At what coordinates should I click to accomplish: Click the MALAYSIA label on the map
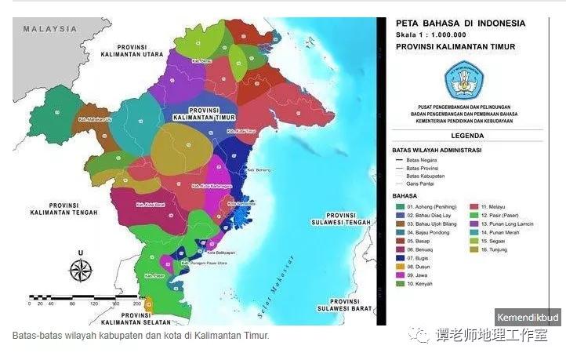50,29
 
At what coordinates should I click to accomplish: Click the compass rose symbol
81,269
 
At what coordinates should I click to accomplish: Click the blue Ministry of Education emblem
465,80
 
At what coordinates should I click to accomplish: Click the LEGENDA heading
467,135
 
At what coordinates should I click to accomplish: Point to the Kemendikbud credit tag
528,318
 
